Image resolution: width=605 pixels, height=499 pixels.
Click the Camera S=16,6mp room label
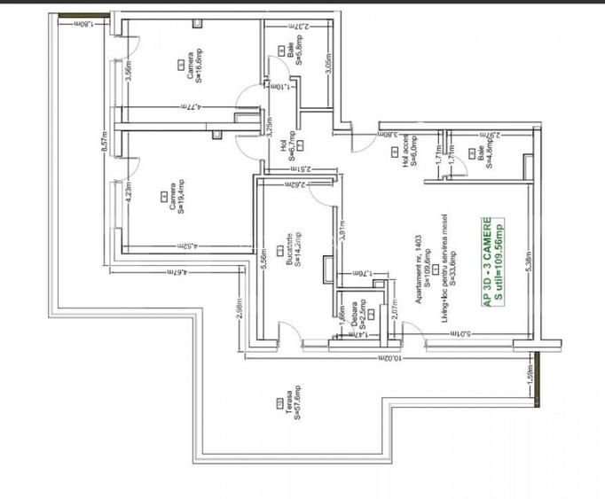196,68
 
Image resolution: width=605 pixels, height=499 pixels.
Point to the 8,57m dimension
104,142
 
